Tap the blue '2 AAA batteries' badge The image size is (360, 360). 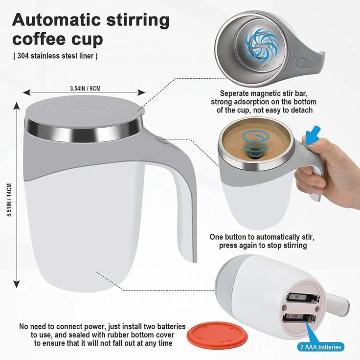coord(320,347)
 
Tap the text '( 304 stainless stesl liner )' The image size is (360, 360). coord(55,56)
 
